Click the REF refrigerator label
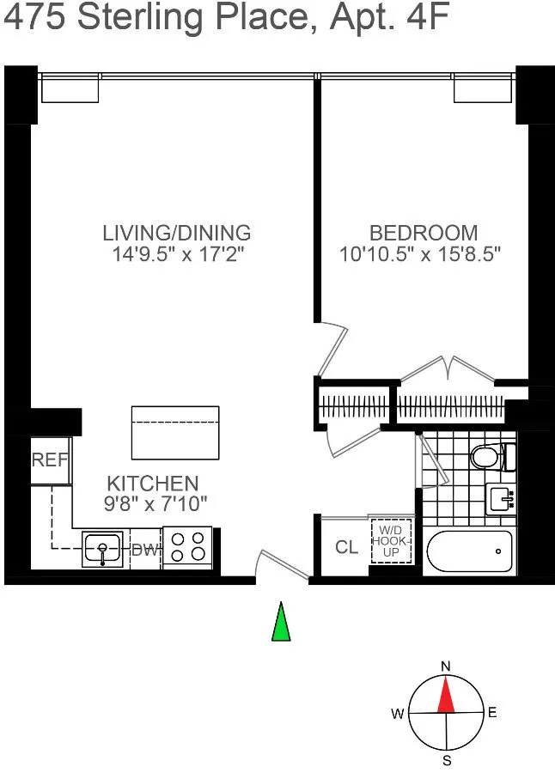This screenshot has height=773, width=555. click(x=50, y=460)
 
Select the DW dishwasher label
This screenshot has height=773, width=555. click(x=144, y=551)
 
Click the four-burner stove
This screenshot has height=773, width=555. click(x=186, y=546)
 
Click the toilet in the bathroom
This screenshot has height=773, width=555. click(x=491, y=456)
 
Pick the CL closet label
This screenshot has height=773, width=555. click(x=347, y=547)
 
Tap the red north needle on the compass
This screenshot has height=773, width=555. click(x=445, y=695)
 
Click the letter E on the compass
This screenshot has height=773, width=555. click(x=491, y=713)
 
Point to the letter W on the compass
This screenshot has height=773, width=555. click(x=398, y=714)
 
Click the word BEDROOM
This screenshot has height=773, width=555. click(x=423, y=232)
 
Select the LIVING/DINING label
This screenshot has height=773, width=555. click(x=176, y=232)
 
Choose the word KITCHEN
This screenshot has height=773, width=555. click(x=152, y=483)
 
